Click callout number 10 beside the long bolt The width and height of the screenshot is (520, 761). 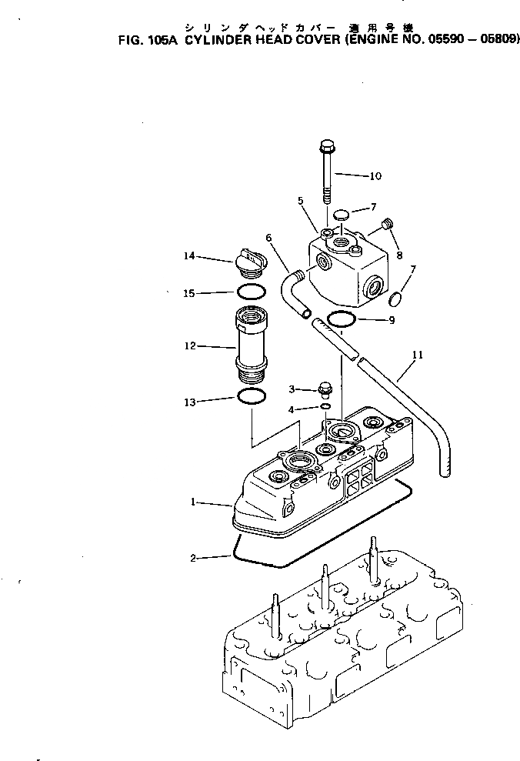(x=375, y=176)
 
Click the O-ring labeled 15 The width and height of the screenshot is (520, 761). (x=251, y=292)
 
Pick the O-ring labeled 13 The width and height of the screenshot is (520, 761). (x=252, y=398)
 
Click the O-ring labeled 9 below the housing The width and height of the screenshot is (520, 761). (x=341, y=319)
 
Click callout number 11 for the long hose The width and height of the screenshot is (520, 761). (x=418, y=355)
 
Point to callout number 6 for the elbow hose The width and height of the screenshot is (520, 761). (x=269, y=239)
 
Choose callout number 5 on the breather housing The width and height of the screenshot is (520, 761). (x=301, y=201)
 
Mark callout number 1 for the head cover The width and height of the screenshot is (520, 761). (x=195, y=502)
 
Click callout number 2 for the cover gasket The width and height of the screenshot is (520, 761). (x=195, y=557)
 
